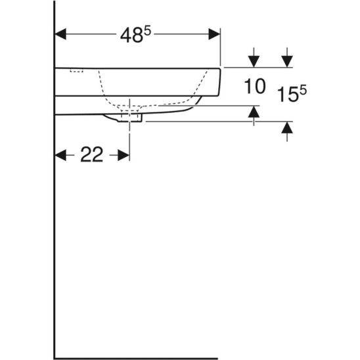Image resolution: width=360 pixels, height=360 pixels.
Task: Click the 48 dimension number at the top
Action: tap(131, 36)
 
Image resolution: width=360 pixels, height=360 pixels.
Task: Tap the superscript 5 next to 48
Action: tap(147, 32)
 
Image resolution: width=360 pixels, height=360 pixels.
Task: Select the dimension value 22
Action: tap(91, 155)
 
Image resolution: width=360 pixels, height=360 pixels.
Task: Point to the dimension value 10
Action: tap(255, 86)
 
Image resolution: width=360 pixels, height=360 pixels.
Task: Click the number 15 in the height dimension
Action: tap(288, 95)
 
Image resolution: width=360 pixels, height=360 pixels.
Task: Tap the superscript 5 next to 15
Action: tap(303, 90)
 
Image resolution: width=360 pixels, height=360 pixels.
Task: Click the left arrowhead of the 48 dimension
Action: tap(60, 34)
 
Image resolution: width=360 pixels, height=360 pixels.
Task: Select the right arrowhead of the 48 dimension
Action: tap(214, 34)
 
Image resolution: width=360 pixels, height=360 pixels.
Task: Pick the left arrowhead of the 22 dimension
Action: tap(60, 155)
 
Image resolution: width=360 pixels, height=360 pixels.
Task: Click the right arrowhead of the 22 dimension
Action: tap(124, 155)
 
